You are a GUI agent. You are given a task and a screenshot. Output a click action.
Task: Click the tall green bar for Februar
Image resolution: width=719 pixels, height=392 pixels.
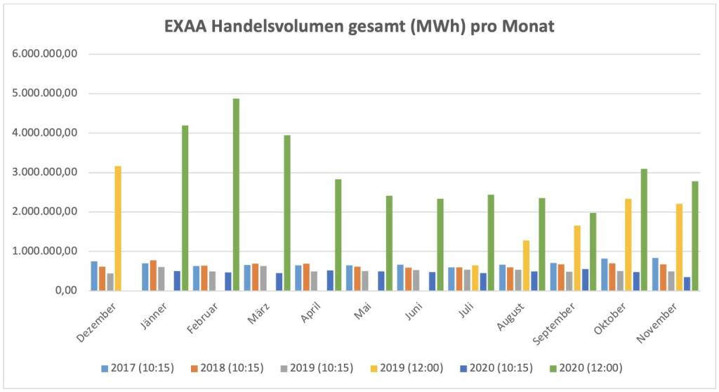pyautogui.click(x=236, y=195)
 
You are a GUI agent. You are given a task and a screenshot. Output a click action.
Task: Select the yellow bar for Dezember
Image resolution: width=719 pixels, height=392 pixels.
pyautogui.click(x=118, y=228)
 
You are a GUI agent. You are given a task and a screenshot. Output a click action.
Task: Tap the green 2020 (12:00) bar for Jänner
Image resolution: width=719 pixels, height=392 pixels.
pyautogui.click(x=185, y=208)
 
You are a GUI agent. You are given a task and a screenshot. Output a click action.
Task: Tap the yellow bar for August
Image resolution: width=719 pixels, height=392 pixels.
pyautogui.click(x=527, y=266)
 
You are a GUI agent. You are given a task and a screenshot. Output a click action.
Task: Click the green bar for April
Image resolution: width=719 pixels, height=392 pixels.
pyautogui.click(x=338, y=235)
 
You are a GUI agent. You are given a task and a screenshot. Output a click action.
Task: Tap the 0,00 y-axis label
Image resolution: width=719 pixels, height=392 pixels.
pyautogui.click(x=64, y=291)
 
